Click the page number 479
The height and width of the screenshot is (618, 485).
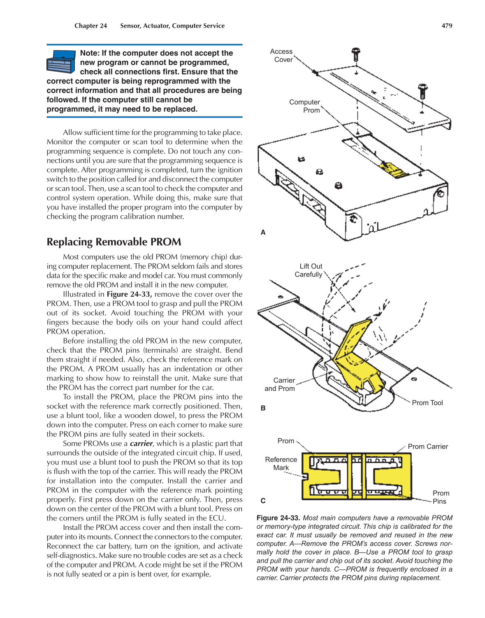[x=447, y=26]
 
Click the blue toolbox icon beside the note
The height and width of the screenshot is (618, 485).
[x=61, y=62]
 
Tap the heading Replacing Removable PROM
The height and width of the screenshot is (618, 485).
[x=114, y=242]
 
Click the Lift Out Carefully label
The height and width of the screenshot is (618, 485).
[x=309, y=270]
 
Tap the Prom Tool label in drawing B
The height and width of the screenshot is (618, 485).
[x=427, y=403]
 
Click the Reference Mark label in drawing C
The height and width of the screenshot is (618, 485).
[x=281, y=464]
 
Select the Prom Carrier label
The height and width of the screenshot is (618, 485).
[x=428, y=446]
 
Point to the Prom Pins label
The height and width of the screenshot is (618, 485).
[x=441, y=497]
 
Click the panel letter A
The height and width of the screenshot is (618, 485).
[x=263, y=232]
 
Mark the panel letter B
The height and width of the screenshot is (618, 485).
[x=263, y=408]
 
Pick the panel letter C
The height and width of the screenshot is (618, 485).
[x=263, y=501]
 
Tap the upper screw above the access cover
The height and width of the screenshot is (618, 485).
[x=356, y=53]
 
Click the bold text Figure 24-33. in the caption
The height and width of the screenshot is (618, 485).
[x=278, y=518]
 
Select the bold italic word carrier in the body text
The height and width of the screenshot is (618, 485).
[x=141, y=444]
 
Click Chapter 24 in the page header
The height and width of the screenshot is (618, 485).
[x=91, y=26]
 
